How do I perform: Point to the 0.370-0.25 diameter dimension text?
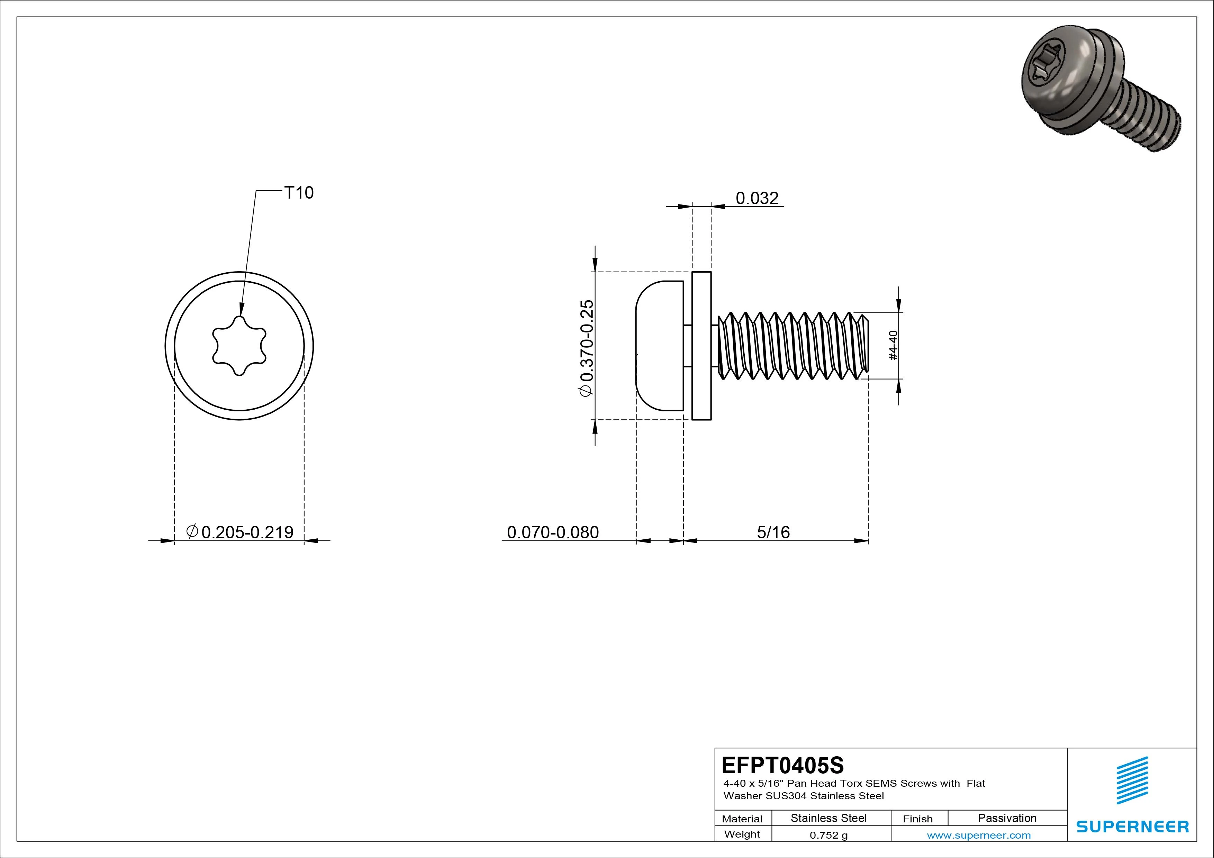tap(587, 347)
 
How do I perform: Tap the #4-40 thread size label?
tap(893, 346)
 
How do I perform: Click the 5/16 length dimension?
tap(773, 532)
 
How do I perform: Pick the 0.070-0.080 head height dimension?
tap(553, 532)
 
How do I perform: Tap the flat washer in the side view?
tap(701, 346)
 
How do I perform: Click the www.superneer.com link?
tap(979, 835)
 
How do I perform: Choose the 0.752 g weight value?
tap(828, 835)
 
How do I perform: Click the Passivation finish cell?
tap(1007, 818)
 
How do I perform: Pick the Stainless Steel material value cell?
tap(828, 818)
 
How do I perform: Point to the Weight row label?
tap(742, 834)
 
